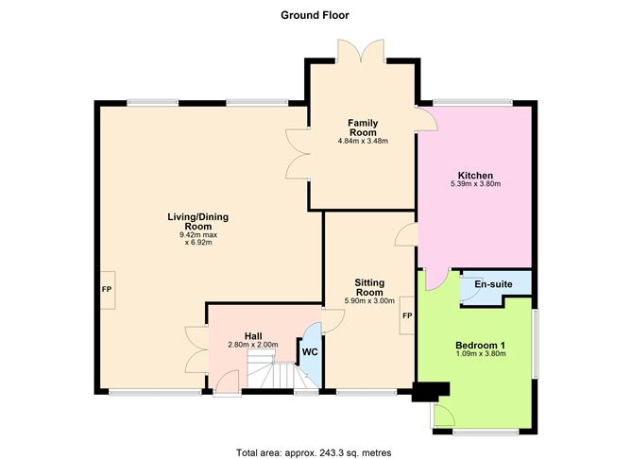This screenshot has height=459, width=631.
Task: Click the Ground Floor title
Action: [x=315, y=14]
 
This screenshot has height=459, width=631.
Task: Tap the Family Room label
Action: [x=363, y=128]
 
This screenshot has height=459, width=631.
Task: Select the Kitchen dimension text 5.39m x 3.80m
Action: [x=475, y=184]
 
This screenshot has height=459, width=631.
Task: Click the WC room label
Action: [x=309, y=351]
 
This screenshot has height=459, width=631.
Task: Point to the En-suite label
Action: [x=493, y=283]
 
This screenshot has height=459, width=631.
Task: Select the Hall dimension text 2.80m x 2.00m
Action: [x=253, y=345]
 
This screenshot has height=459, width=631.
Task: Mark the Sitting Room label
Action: [x=368, y=287]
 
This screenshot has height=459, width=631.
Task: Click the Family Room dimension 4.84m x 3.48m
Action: [x=363, y=141]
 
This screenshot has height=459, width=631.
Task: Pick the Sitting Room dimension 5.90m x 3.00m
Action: [x=368, y=300]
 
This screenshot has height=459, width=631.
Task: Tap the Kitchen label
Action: [x=475, y=175]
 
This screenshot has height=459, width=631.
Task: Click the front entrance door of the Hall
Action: [x=225, y=383]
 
